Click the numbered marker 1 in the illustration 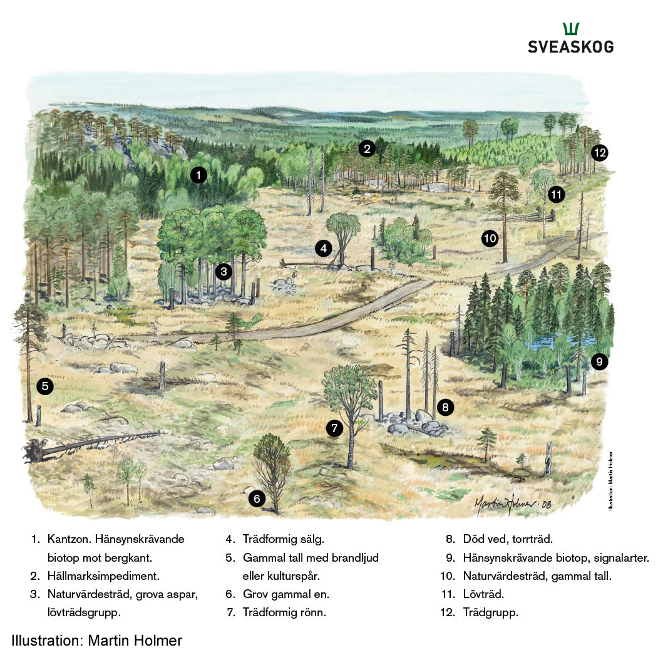tap(198, 175)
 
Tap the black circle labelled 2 tap(367, 148)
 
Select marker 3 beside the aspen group tap(223, 272)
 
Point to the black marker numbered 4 tap(323, 249)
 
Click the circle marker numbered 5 tap(44, 386)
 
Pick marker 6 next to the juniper tap(257, 498)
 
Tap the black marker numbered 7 tap(335, 429)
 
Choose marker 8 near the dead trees tap(445, 408)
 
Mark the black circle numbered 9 tap(599, 361)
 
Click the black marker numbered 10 tap(490, 238)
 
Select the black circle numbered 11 tap(556, 195)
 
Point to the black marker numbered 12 tap(600, 152)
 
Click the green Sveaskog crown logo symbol tap(570, 29)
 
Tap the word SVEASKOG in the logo tap(570, 47)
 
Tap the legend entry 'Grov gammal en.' tap(285, 594)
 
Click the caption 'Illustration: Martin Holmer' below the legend tap(96, 640)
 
